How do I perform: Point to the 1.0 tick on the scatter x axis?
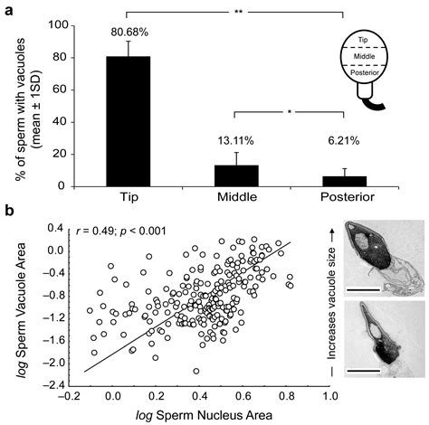[325, 394]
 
